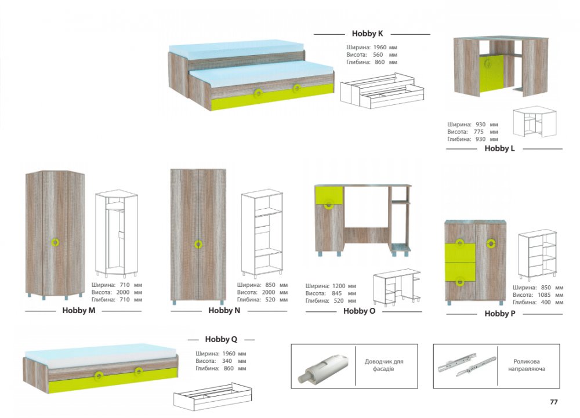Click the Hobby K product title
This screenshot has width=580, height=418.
(x=367, y=34)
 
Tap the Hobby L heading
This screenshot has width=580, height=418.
(x=499, y=148)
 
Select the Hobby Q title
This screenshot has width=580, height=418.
(x=221, y=339)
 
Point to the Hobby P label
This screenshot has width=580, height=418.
(x=500, y=314)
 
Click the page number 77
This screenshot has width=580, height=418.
(x=553, y=402)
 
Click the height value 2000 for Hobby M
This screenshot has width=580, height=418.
(x=123, y=292)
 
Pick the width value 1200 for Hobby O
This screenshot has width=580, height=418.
(x=339, y=286)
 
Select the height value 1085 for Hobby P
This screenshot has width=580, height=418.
(x=544, y=295)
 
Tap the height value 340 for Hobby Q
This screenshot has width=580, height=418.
(x=227, y=361)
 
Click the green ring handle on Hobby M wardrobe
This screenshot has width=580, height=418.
(x=55, y=242)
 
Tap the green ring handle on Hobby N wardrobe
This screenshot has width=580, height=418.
(x=198, y=244)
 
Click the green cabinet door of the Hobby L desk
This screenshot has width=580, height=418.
(x=491, y=73)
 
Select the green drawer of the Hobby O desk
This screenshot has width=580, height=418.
(x=329, y=195)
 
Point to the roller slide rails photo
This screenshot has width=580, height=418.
(x=466, y=365)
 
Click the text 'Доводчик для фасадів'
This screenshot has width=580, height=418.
(x=383, y=365)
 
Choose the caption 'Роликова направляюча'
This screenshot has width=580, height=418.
(x=527, y=365)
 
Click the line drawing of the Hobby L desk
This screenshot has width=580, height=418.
(x=535, y=122)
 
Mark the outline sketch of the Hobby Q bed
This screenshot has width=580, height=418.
(x=213, y=397)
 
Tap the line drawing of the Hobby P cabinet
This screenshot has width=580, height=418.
(x=538, y=255)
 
